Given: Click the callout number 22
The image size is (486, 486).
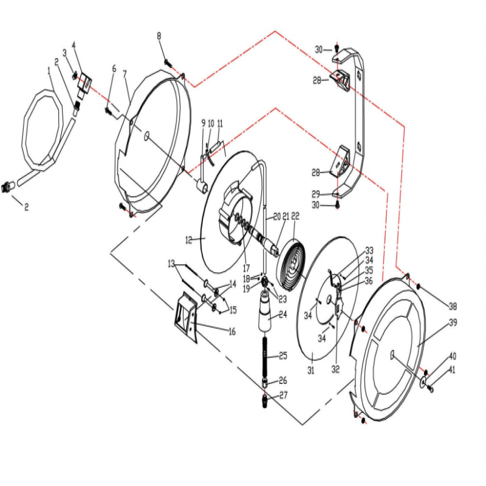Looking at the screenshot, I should tap(296, 216).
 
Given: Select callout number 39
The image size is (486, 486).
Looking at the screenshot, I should tap(453, 324).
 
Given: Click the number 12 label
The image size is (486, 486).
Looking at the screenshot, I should tap(189, 240).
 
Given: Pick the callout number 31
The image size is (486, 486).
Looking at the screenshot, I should tap(310, 371).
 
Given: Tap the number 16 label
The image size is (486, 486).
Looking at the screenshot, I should tap(231, 331).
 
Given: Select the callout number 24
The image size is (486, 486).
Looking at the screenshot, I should tap(282, 315).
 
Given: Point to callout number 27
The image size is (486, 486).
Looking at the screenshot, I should tap(282, 395).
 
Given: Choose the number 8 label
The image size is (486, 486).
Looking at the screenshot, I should tap(159, 36).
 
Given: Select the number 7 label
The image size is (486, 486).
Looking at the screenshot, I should tap(125, 74).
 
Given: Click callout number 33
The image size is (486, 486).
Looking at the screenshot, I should tap(369, 250).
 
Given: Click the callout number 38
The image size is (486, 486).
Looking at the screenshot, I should tap(453, 306).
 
